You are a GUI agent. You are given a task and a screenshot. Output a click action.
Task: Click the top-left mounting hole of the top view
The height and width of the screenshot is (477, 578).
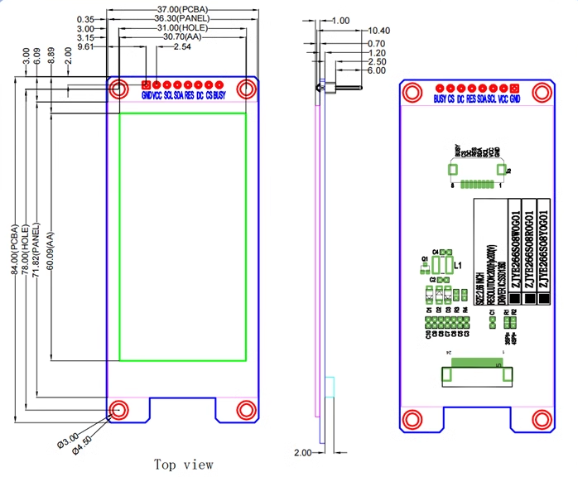(118, 88)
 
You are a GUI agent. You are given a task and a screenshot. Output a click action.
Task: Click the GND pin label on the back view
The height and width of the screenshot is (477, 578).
(515, 99)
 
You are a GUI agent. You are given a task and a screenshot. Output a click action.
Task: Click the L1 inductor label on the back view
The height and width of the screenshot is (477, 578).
(457, 265)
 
